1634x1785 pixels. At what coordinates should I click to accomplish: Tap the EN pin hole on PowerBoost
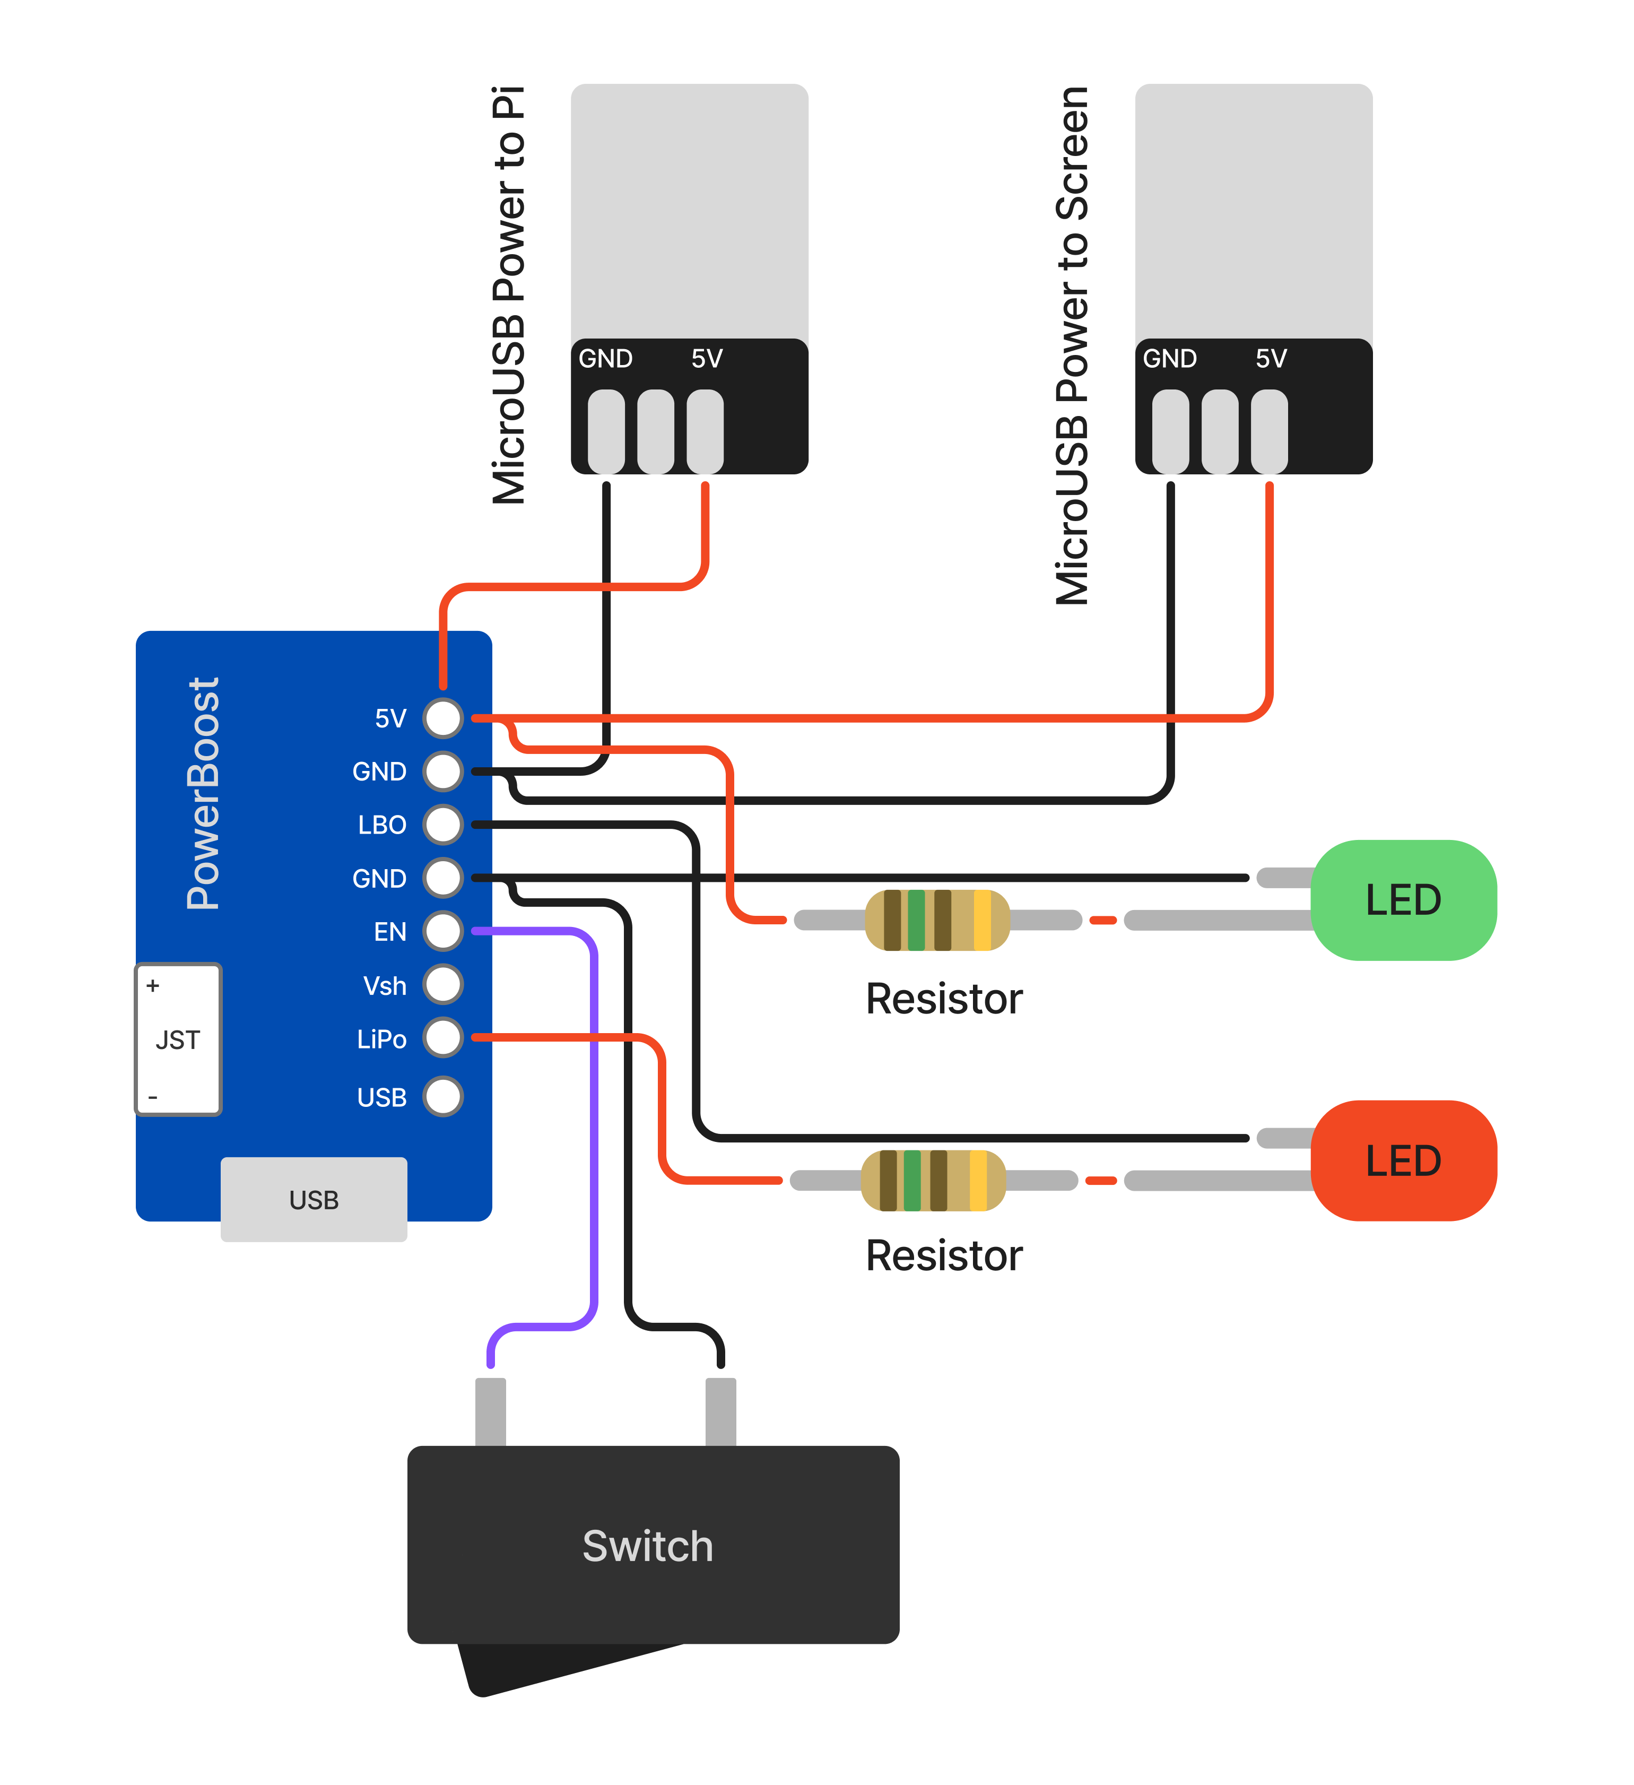coord(442,931)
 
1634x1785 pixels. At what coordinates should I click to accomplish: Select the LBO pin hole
coord(442,825)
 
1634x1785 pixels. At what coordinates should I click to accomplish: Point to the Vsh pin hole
coord(442,985)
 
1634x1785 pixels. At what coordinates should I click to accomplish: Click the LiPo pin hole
coord(442,1038)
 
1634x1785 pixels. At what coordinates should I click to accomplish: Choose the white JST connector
coord(178,1039)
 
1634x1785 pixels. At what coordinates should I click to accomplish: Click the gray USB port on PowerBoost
coord(314,1200)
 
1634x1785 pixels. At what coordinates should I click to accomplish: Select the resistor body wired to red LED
coord(933,1180)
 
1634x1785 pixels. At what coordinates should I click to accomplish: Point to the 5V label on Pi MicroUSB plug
coord(706,359)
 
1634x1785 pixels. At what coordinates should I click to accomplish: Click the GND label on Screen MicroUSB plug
coord(1169,359)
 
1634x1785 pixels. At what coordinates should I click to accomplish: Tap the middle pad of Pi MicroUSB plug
coord(656,431)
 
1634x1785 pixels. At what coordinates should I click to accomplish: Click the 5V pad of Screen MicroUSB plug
coord(1270,431)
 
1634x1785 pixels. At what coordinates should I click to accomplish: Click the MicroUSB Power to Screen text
coord(1072,345)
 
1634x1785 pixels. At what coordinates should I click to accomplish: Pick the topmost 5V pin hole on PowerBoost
coord(442,718)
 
